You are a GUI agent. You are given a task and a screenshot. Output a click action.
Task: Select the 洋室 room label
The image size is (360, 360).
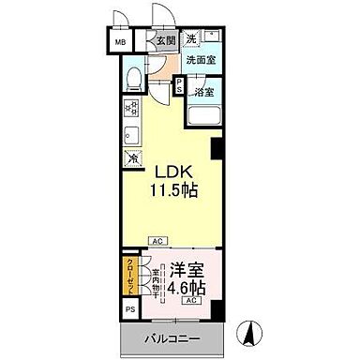click(188, 266)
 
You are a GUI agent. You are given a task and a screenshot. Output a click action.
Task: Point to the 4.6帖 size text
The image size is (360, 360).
click(189, 284)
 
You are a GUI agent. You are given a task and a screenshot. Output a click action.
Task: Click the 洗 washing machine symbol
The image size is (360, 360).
click(192, 37)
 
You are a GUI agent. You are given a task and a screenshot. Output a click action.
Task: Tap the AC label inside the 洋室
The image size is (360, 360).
click(190, 300)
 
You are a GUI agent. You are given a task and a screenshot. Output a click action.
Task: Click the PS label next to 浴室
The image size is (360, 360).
click(179, 85)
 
